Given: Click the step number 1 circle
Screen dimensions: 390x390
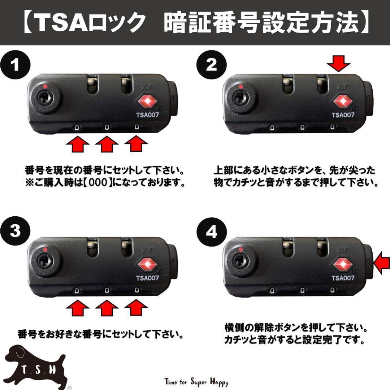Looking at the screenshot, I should pos(15,65).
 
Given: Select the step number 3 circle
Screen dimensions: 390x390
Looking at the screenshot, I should pos(15,231).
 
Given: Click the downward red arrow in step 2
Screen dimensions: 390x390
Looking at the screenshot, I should pos(338,65).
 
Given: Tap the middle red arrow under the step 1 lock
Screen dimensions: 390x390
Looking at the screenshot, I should pos(107,145).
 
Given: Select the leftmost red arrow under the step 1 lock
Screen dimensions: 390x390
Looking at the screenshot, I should pos(78,145).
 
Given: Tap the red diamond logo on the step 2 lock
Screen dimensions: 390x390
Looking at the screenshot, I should pos(342,102).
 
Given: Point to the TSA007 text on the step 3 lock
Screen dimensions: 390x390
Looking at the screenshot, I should pos(147,278).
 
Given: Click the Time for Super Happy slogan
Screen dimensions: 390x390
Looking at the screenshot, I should pos(196,382).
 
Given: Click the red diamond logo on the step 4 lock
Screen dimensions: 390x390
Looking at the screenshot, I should pos(342,264).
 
